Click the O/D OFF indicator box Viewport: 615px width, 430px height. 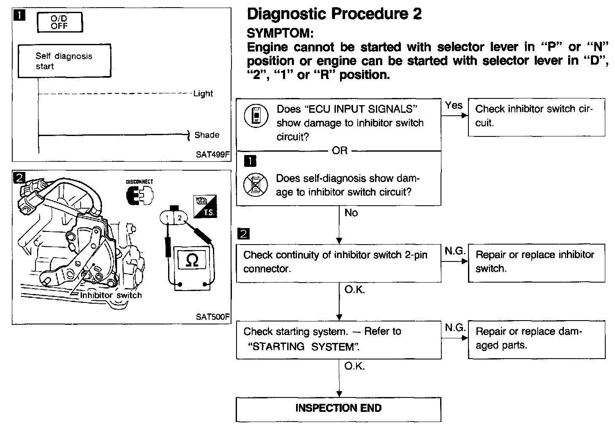pyautogui.click(x=60, y=22)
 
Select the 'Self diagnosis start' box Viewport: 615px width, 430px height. pyautogui.click(x=64, y=61)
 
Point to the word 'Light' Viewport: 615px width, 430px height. pyautogui.click(x=203, y=94)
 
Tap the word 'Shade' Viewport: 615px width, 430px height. pyautogui.click(x=207, y=135)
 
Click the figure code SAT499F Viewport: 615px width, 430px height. pyautogui.click(x=212, y=155)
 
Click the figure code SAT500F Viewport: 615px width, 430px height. pyautogui.click(x=212, y=316)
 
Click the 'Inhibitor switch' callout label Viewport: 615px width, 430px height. pyautogui.click(x=111, y=295)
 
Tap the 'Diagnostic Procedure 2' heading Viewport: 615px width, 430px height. pyautogui.click(x=334, y=14)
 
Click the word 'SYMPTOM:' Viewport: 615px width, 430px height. pyautogui.click(x=280, y=33)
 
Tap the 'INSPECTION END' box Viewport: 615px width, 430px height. pyautogui.click(x=338, y=408)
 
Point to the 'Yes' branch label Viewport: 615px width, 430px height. pyautogui.click(x=454, y=105)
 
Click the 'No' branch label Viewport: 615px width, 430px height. pyautogui.click(x=351, y=213)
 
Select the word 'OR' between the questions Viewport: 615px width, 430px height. pyautogui.click(x=340, y=151)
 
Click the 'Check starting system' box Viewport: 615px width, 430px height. pyautogui.click(x=338, y=339)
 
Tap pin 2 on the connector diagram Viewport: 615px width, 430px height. pyautogui.click(x=180, y=218)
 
